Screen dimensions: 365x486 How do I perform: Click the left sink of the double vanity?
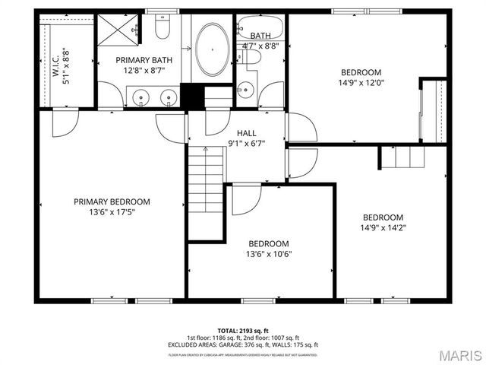[x=140, y=97]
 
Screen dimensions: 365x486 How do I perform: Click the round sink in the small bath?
[x=244, y=90]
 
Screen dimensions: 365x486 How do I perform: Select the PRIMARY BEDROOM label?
[x=112, y=202]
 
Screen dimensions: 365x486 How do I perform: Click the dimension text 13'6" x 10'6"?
[x=270, y=254]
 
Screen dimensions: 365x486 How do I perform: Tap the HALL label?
[x=246, y=132]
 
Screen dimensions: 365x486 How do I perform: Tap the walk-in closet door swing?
[x=64, y=123]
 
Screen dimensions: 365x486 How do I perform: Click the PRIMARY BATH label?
[x=144, y=59]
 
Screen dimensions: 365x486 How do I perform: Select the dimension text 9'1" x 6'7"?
[x=246, y=143]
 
